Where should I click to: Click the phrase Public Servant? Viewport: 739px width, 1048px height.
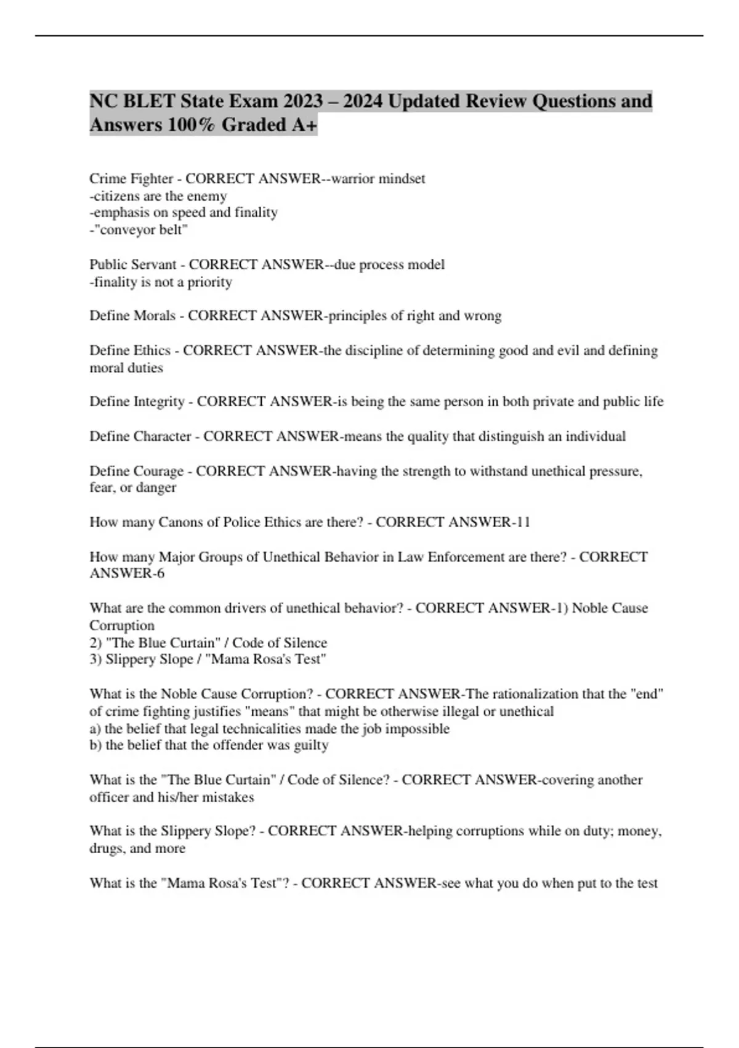tap(133, 264)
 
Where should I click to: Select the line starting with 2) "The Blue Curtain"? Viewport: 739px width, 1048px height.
tap(208, 642)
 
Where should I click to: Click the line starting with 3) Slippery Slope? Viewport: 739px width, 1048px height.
tap(208, 659)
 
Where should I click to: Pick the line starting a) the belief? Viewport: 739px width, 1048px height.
tap(269, 729)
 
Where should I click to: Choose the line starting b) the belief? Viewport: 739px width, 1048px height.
tap(209, 745)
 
